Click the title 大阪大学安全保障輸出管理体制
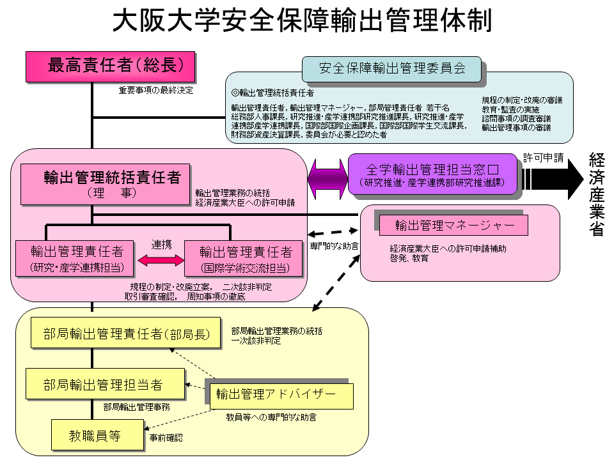(303, 20)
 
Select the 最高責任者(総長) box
(110, 66)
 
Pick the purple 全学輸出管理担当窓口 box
(432, 174)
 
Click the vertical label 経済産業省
(597, 194)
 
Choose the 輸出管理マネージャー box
(453, 225)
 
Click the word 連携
(161, 245)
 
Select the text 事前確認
(166, 438)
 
